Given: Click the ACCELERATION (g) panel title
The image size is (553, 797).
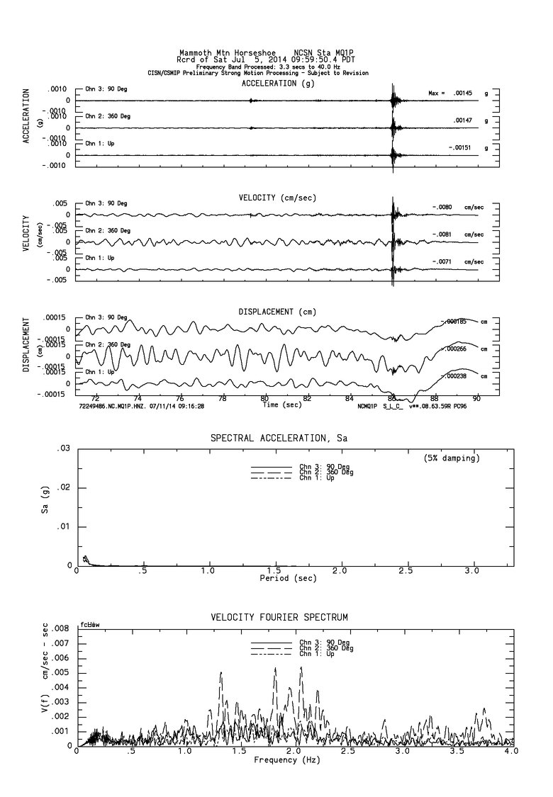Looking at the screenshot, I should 278,83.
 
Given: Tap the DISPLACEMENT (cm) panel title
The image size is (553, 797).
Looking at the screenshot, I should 277,312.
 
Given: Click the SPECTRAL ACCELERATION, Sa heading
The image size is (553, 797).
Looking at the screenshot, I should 279,439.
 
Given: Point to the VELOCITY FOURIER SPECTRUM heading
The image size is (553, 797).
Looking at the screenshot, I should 279,618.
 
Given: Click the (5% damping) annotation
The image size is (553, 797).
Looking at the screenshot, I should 452,458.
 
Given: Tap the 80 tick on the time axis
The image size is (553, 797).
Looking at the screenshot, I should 265,398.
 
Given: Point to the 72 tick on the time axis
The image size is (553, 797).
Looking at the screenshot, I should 95,398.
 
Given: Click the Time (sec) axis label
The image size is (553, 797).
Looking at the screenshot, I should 281,405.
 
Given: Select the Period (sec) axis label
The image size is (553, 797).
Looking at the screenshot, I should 289,578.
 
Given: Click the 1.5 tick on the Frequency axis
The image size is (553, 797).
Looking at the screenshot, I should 240,751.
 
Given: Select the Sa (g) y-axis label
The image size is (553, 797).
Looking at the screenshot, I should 44,507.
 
